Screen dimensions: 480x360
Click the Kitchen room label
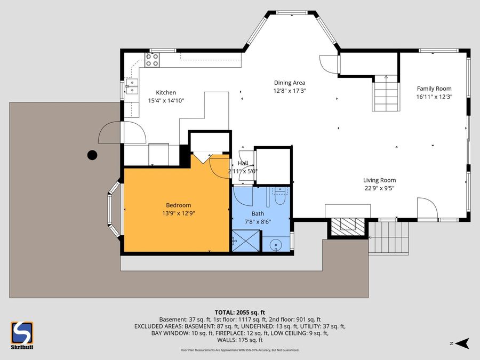pos(166,92)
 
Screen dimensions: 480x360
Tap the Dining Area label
pos(290,83)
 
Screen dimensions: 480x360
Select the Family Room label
pos(434,89)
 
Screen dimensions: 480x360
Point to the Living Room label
pos(379,180)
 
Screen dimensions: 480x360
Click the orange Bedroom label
pos(179,205)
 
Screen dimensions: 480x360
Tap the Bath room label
pos(258,214)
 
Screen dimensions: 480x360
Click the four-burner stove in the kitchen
pos(152,60)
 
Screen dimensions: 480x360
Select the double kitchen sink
pos(132,86)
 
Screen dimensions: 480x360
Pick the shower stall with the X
pos(246,241)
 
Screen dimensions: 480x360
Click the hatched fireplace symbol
pos(348,227)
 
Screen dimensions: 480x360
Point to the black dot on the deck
pos(92,155)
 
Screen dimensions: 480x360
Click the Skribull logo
pos(22,335)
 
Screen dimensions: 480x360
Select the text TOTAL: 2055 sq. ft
pos(239,313)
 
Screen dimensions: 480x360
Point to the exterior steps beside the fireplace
pos(388,238)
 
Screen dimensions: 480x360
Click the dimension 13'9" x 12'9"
pos(179,213)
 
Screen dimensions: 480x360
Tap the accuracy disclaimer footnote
pos(239,350)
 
